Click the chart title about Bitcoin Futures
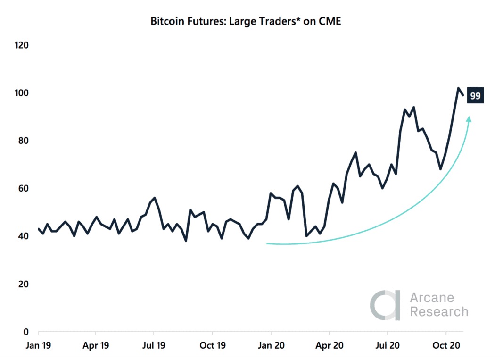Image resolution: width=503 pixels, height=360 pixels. [x=245, y=21]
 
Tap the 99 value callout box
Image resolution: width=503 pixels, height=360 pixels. [x=475, y=96]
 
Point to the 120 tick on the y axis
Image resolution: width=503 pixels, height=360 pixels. [x=22, y=45]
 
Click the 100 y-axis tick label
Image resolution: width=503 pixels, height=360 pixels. [x=22, y=93]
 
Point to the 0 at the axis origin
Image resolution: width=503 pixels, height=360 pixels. [x=26, y=332]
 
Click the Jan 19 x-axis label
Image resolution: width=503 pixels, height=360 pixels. [x=38, y=345]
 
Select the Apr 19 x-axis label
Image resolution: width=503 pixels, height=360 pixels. [x=96, y=345]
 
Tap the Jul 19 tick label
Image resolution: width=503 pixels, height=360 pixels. [x=154, y=345]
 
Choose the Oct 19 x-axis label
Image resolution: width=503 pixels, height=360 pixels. [x=213, y=345]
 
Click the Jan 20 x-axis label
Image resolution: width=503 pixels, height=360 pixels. [x=271, y=345]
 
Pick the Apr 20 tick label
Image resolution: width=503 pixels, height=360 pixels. [x=329, y=345]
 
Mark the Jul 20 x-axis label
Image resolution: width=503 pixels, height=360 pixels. [x=388, y=345]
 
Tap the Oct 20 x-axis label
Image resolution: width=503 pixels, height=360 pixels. [x=447, y=345]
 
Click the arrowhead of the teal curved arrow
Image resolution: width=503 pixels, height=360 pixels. [x=469, y=120]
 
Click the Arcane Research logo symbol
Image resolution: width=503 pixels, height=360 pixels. [x=385, y=305]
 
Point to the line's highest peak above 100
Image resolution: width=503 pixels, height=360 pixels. [x=458, y=88]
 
